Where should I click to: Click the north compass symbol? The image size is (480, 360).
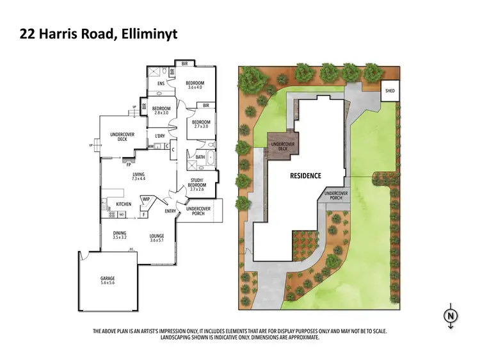(x=451, y=315)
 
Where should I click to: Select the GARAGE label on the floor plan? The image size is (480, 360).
(x=107, y=279)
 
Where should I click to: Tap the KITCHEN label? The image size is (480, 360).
(x=124, y=204)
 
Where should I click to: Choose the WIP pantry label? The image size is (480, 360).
(x=146, y=199)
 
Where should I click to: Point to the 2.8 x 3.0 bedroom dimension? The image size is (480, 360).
(x=161, y=113)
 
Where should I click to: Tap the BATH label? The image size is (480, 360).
(x=200, y=157)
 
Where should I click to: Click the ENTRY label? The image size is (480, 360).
(x=170, y=211)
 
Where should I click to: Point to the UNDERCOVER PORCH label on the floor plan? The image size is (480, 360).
(x=199, y=210)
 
